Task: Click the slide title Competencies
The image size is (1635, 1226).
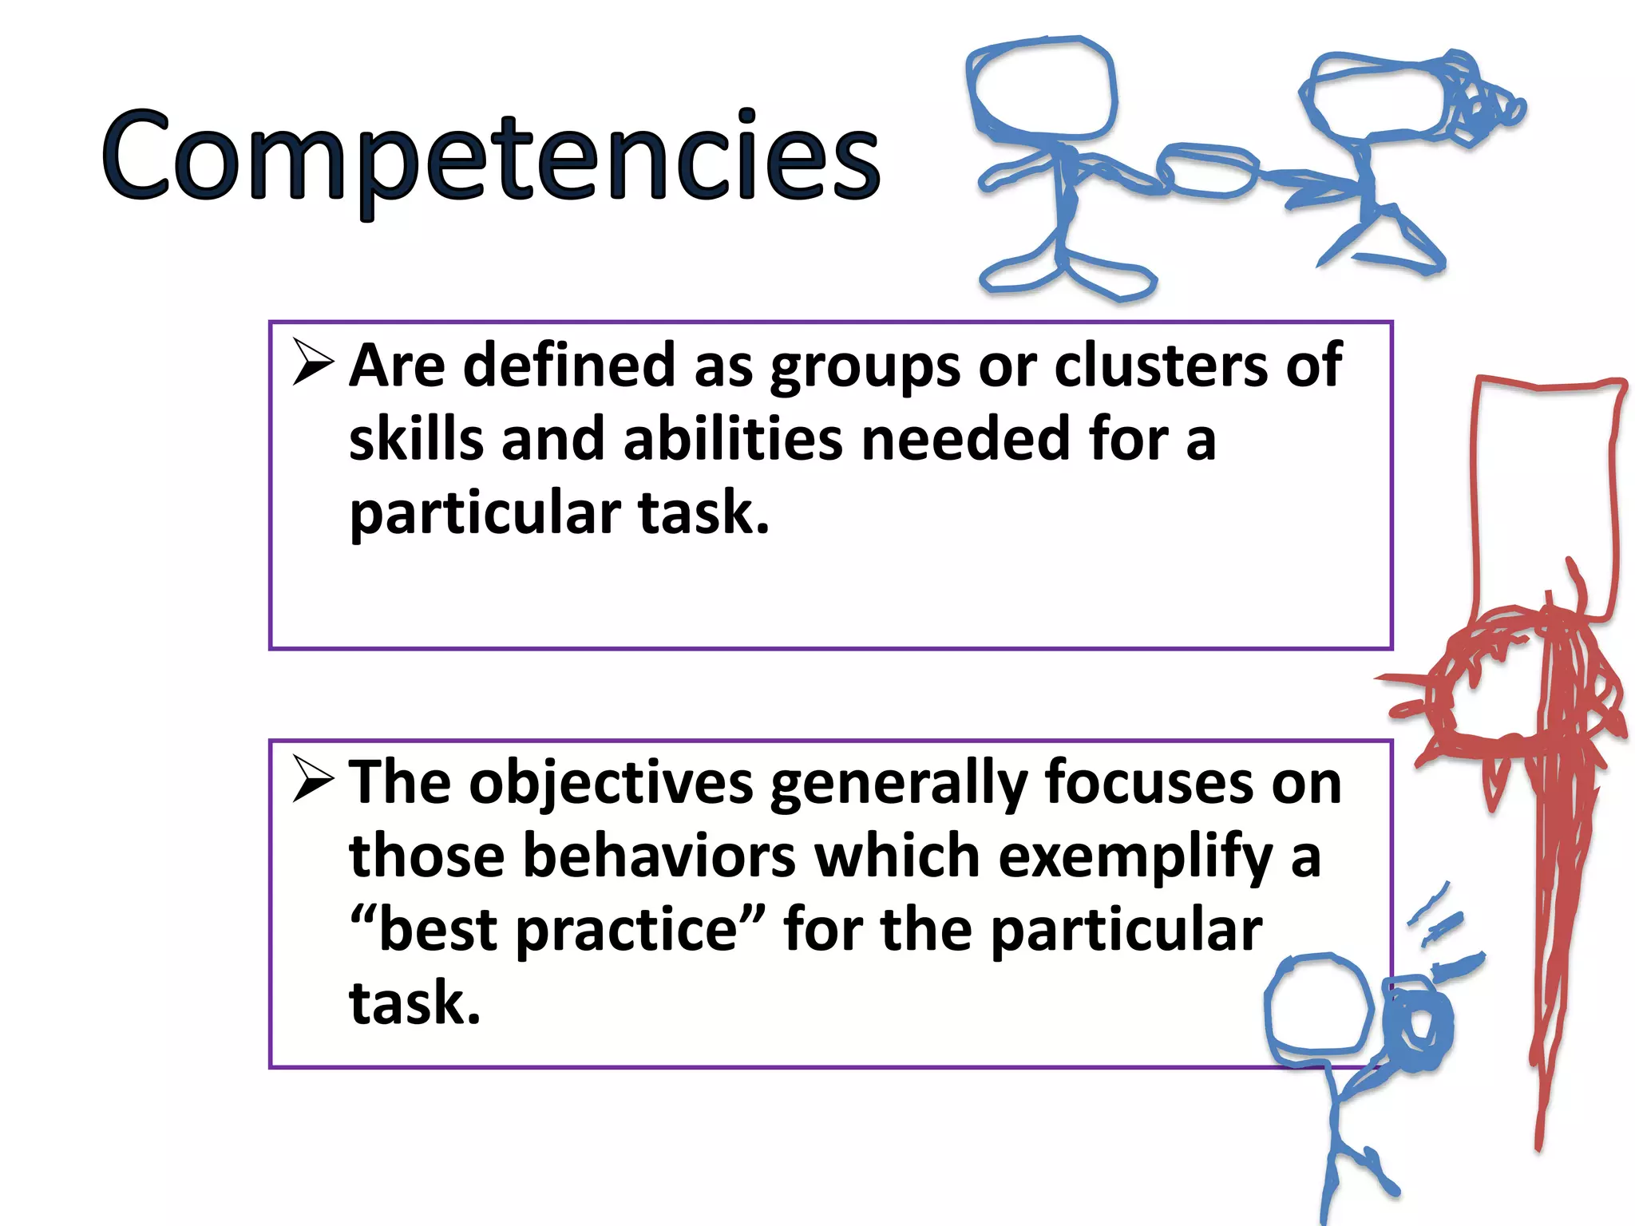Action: coord(490,156)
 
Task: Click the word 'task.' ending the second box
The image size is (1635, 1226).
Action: coord(414,1003)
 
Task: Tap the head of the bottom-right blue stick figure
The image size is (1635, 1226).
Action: coord(1317,1009)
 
